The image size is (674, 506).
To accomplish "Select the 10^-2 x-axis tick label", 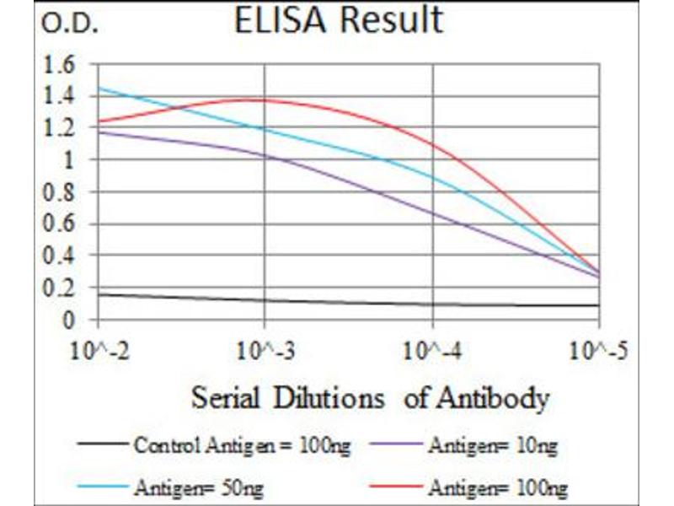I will (99, 349).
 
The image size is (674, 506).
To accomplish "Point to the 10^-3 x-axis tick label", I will (265, 349).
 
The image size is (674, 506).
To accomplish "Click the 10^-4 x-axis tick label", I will (432, 349).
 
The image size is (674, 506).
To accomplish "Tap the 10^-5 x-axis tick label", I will (600, 349).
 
